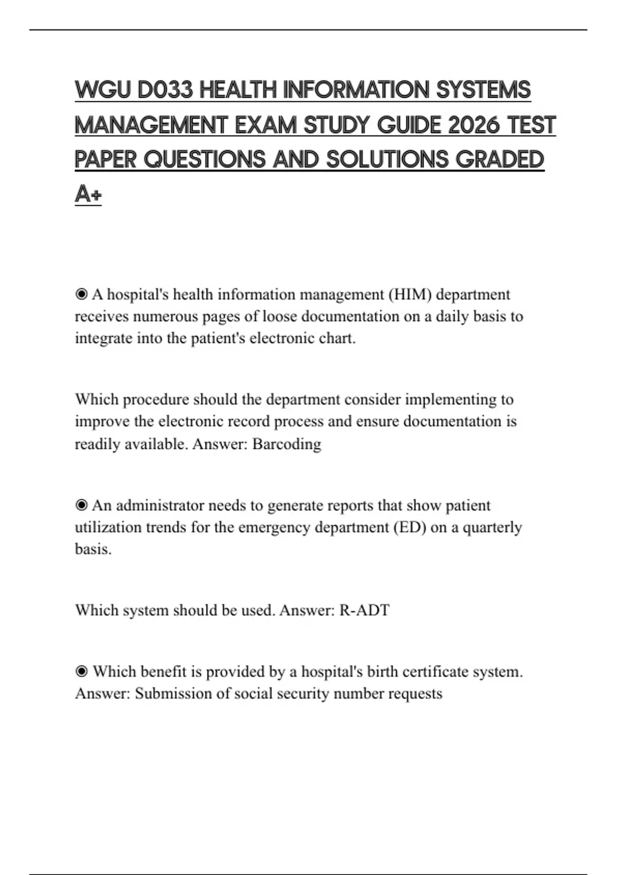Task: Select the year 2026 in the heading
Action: pos(473,126)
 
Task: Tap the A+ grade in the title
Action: pos(88,195)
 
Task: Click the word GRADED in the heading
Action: pos(500,160)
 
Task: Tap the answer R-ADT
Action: pos(364,610)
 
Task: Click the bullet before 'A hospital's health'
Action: pos(81,294)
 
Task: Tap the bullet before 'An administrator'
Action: pos(81,505)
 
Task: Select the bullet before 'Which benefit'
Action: pos(81,672)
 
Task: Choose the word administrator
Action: pos(160,505)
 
